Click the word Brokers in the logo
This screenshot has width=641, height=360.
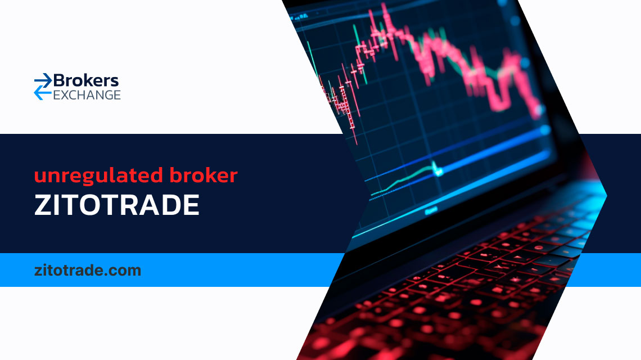(86, 80)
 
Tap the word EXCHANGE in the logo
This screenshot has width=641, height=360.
(87, 95)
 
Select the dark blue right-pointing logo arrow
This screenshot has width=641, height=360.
(43, 80)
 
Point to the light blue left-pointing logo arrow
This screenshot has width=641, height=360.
(43, 94)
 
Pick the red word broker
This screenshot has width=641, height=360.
(204, 175)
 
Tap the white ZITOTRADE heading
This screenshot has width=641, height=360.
(117, 205)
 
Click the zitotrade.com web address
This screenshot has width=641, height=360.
(88, 271)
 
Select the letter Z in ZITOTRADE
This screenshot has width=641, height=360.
(43, 205)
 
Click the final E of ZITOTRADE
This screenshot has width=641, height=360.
(191, 205)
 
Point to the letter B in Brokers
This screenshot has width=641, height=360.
(59, 80)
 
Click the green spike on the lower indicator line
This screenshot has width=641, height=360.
(435, 168)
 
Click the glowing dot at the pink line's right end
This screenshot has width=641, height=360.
(540, 110)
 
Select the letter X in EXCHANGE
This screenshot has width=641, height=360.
(65, 95)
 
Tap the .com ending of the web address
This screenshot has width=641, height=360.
(123, 271)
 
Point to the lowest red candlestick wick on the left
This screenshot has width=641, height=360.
(354, 132)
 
